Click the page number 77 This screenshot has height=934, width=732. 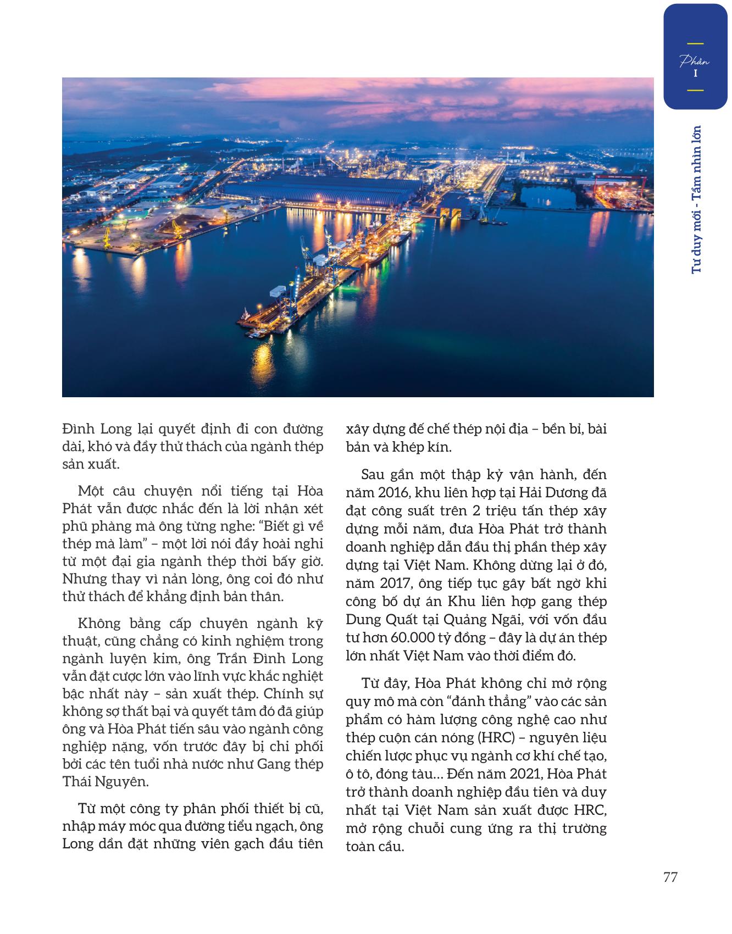(x=670, y=877)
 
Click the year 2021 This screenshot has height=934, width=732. (x=556, y=774)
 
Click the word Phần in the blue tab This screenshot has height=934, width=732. (x=695, y=60)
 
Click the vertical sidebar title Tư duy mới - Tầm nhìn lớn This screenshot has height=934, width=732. (x=697, y=200)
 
